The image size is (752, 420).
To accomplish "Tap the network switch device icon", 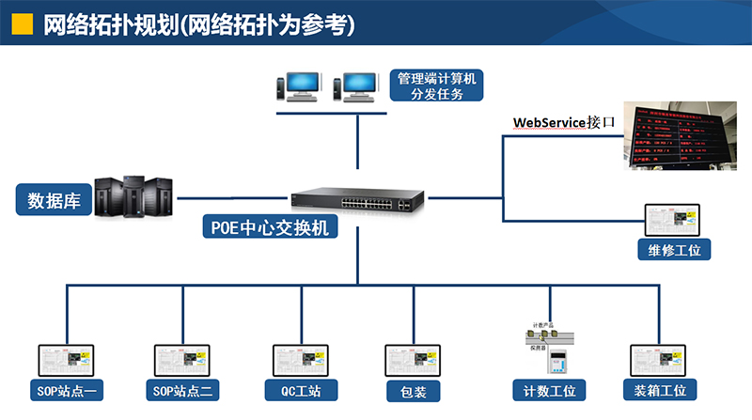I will [356, 198].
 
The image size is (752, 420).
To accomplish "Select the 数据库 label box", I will [53, 200].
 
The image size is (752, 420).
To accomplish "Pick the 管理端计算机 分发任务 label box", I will [436, 86].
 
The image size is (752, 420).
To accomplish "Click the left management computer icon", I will [300, 86].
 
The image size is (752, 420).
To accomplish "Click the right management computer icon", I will [356, 86].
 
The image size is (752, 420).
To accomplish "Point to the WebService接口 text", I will [563, 123].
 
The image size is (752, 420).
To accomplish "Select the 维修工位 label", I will [674, 249].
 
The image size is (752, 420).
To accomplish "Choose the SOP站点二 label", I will [184, 390].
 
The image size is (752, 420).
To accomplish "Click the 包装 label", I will [414, 390].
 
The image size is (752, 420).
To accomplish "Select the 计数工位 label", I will [549, 390].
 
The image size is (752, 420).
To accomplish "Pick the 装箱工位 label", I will [660, 390].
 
